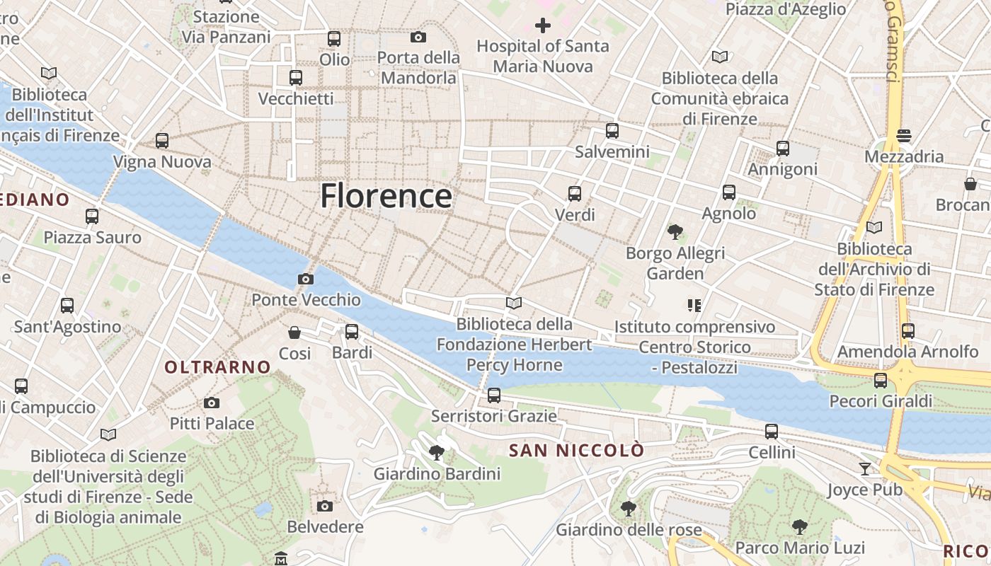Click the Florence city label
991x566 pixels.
point(386,196)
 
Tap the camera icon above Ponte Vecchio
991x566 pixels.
point(306,279)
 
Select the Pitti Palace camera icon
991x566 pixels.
point(211,403)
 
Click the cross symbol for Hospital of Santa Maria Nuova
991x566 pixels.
point(543,26)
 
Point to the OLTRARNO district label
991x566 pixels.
point(217,366)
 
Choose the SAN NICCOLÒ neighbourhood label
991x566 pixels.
point(577,450)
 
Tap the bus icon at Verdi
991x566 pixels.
point(575,193)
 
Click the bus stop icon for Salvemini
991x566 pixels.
point(612,131)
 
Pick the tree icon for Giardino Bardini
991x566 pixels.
point(437,453)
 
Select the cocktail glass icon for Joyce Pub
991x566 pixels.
point(864,468)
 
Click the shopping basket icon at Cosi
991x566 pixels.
point(294,332)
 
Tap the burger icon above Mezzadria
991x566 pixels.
point(903,135)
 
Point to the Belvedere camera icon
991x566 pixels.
point(325,506)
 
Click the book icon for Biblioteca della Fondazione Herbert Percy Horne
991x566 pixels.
point(514,304)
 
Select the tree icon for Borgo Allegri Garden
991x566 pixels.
point(675,231)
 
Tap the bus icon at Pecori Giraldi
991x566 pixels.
point(881,381)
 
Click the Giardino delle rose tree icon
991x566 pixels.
point(628,508)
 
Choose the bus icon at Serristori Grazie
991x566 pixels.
point(494,395)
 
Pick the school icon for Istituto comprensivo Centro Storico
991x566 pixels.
point(694,306)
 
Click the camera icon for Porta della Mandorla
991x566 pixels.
point(418,37)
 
